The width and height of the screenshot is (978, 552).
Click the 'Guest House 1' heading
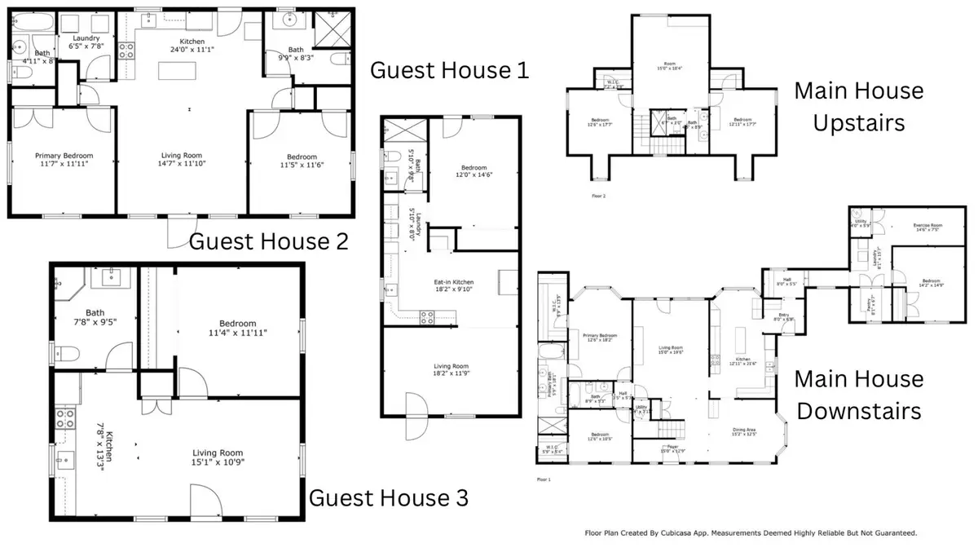[x=450, y=70]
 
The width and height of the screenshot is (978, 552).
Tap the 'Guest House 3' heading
[x=390, y=497]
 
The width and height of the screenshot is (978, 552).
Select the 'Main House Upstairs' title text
[x=859, y=106]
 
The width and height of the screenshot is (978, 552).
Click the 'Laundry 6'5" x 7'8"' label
[x=86, y=42]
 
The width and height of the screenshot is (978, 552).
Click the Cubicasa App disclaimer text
[x=751, y=533]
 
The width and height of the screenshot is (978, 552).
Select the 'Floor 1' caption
[x=544, y=479]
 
